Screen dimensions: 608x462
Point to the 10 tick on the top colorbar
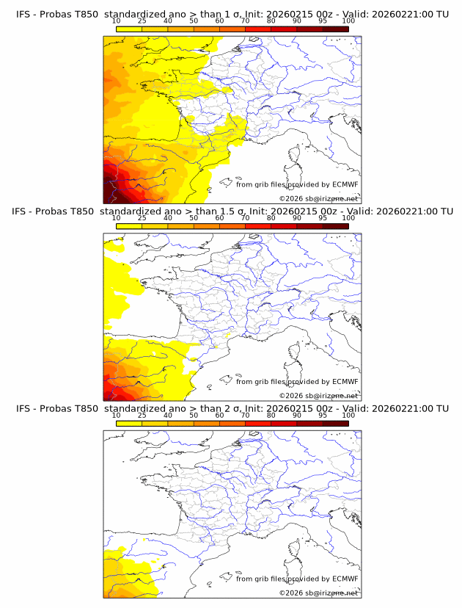117,21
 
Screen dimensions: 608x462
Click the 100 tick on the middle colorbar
348,218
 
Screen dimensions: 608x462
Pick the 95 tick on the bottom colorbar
323,415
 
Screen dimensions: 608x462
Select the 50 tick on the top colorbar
194,21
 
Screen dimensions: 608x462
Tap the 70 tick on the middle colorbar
245,218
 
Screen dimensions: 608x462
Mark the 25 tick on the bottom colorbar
142,415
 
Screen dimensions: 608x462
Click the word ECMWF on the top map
345,184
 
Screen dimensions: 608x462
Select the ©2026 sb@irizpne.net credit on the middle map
318,395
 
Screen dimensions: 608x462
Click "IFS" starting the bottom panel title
23,408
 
